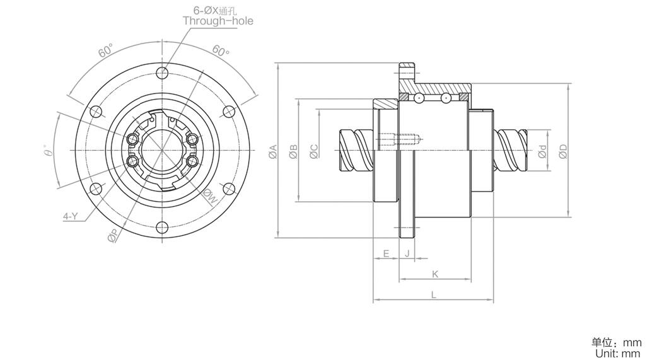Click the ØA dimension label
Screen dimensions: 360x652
click(273, 151)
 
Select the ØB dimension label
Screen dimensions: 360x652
click(293, 151)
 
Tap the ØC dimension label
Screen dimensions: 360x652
click(314, 151)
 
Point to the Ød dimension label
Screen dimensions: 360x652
click(543, 151)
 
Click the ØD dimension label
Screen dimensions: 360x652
click(563, 151)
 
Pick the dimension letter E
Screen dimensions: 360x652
click(386, 253)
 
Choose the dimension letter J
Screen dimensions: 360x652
click(407, 253)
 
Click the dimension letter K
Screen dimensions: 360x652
click(435, 274)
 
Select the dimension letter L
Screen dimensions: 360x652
click(433, 294)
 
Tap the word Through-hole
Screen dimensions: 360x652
click(218, 21)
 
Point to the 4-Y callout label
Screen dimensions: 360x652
click(71, 216)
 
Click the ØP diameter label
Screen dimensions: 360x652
click(113, 236)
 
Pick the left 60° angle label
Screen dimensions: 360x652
click(106, 50)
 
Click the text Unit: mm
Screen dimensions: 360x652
click(618, 353)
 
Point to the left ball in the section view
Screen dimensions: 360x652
click(418, 98)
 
